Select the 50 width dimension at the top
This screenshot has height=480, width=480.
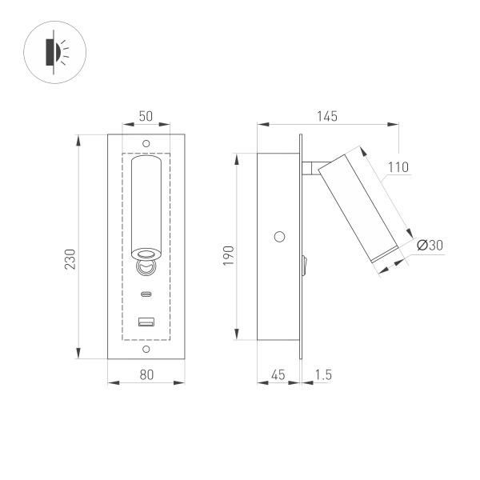tap(146, 116)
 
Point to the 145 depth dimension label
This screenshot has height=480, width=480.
tap(326, 116)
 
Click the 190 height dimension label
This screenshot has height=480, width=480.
tap(228, 254)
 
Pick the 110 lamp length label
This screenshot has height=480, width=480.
tap(398, 167)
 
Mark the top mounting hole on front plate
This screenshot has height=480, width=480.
tap(146, 143)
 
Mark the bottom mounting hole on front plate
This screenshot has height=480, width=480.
tap(146, 350)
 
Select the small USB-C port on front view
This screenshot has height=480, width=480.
tap(146, 294)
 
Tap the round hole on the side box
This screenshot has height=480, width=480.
tap(279, 236)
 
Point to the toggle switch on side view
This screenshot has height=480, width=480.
tap(305, 264)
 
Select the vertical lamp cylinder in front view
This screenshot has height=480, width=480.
tap(146, 204)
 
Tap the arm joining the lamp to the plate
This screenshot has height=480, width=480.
tap(310, 167)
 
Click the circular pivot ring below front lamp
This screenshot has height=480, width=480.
tap(146, 266)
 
